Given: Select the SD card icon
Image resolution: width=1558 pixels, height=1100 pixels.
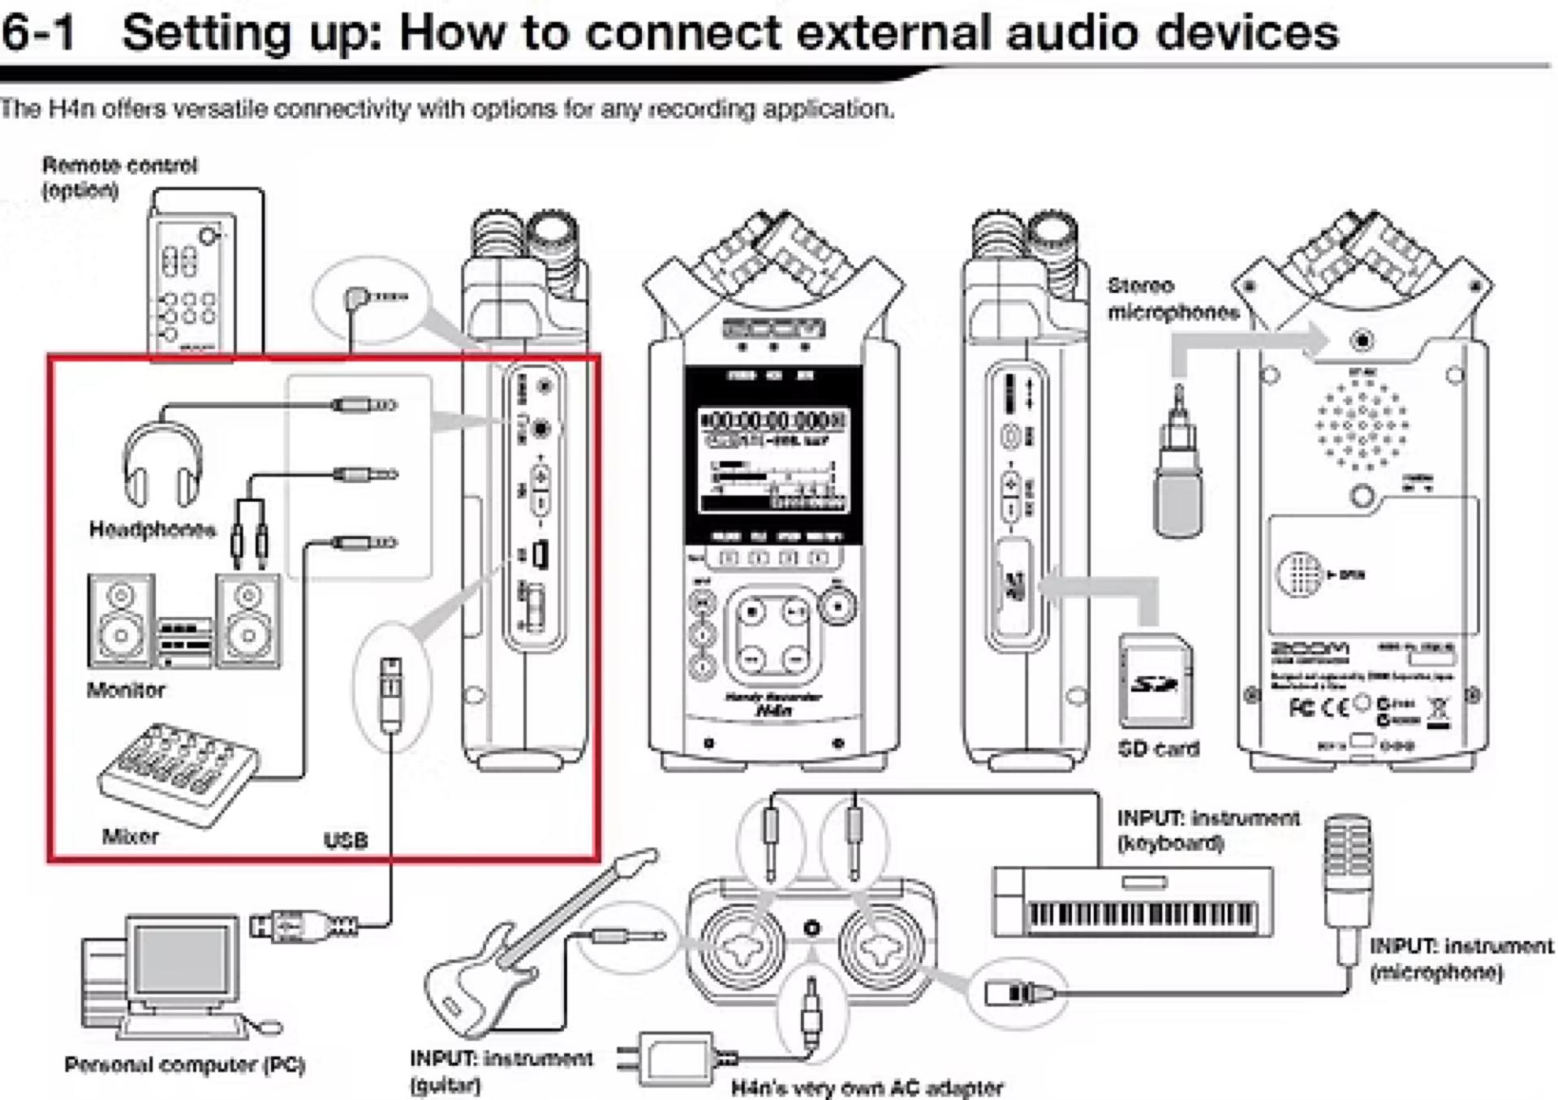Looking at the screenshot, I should [x=1155, y=680].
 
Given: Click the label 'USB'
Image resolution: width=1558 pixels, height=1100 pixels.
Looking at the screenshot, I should [x=346, y=840].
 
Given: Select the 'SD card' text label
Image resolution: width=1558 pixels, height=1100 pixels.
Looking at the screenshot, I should [x=1158, y=748].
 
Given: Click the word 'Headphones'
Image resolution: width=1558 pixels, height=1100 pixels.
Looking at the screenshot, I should [x=153, y=530].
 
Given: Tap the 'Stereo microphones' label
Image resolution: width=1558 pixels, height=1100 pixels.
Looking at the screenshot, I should [x=1173, y=299].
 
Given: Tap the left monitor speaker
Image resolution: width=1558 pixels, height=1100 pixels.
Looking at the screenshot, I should [x=121, y=621].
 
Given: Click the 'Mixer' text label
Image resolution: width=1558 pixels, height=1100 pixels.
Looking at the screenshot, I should [x=130, y=836].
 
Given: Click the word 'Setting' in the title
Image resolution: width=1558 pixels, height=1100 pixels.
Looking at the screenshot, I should [x=206, y=32].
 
